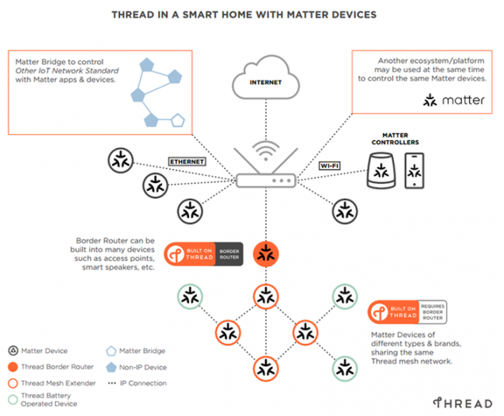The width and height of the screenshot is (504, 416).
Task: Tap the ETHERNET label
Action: click(x=188, y=161)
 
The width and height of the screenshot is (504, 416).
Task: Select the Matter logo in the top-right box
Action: click(x=454, y=101)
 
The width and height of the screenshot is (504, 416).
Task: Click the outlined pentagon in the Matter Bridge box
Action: click(x=178, y=120)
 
